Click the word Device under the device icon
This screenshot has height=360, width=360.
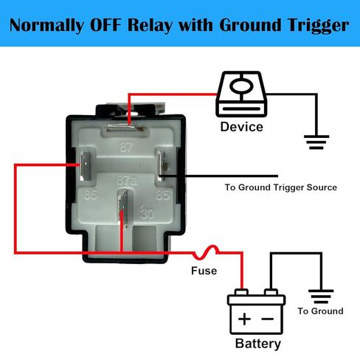(x=241, y=127)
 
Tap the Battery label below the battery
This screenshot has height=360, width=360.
(x=258, y=344)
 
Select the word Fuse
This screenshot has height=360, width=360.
(x=204, y=271)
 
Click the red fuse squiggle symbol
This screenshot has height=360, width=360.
(x=206, y=252)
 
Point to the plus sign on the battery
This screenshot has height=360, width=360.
(x=244, y=319)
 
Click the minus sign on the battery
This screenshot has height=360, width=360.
(x=268, y=319)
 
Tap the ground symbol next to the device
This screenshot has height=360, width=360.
(x=316, y=142)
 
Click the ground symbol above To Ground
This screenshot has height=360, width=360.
(x=321, y=297)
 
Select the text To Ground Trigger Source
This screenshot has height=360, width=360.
(x=281, y=187)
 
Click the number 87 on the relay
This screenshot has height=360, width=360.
(x=127, y=147)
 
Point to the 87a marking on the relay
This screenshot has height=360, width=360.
(x=127, y=181)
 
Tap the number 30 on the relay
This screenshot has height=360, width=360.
(x=148, y=213)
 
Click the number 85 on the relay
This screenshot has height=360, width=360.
(x=163, y=195)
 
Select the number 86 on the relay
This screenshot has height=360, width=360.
(x=91, y=195)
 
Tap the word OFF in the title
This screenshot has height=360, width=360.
(x=105, y=25)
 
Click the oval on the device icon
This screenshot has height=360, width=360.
(x=241, y=86)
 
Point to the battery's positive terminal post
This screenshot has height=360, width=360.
(x=241, y=292)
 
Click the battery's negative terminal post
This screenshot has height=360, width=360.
(x=271, y=292)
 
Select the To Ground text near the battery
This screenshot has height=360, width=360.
(x=321, y=311)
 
